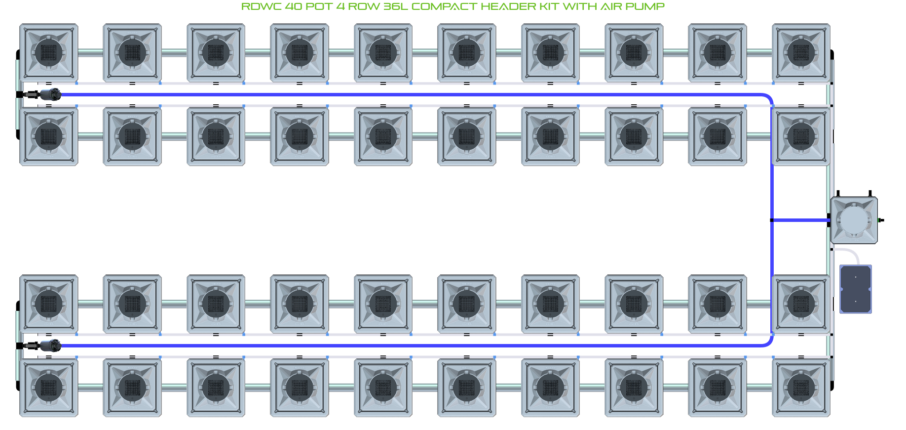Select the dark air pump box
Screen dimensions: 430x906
point(855,289)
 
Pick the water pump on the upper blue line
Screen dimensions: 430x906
point(49,94)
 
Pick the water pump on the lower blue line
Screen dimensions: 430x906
point(49,345)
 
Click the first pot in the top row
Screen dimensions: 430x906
point(48,52)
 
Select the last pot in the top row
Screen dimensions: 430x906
point(801,52)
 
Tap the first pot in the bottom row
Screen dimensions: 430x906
point(48,387)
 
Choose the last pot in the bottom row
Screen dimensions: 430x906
point(801,387)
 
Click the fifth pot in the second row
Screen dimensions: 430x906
point(383,136)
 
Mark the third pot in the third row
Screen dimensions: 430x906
point(216,303)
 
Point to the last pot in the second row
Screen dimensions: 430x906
point(801,136)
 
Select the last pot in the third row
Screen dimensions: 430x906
point(801,303)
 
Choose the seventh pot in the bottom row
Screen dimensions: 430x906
point(550,387)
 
